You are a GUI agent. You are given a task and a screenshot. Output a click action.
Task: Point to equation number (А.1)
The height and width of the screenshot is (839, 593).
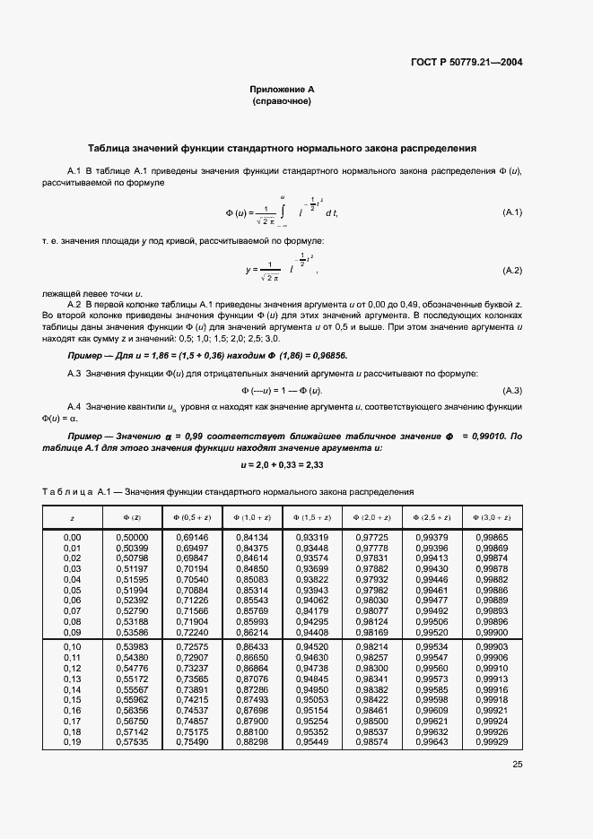tap(511, 212)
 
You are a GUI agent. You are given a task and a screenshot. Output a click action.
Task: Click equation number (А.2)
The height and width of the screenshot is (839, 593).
tap(511, 270)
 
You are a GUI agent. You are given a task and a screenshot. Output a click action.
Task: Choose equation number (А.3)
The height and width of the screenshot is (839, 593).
tap(511, 391)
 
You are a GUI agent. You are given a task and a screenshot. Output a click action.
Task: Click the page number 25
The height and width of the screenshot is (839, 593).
tap(517, 765)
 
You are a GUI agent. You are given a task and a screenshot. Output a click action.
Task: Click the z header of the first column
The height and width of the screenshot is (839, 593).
tap(73, 518)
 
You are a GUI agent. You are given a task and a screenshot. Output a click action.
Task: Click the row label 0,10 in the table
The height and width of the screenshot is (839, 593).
tap(73, 646)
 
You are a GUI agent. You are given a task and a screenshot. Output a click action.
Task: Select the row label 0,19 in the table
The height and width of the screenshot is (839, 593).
tap(73, 743)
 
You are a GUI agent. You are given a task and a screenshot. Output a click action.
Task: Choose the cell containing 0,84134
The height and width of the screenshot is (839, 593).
tap(249, 537)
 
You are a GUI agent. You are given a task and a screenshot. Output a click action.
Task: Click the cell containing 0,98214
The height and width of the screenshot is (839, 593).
tap(371, 646)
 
